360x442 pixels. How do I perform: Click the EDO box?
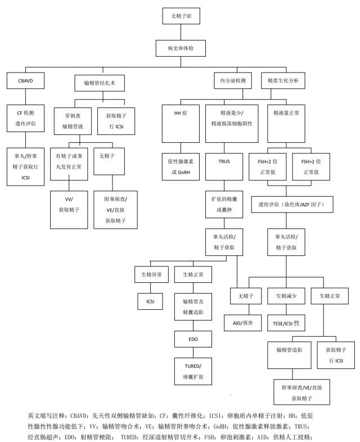click(193, 340)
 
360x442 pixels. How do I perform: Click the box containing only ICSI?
click(150, 301)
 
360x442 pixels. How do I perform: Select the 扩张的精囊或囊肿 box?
click(224, 204)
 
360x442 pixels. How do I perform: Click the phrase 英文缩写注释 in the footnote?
click(46, 417)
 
